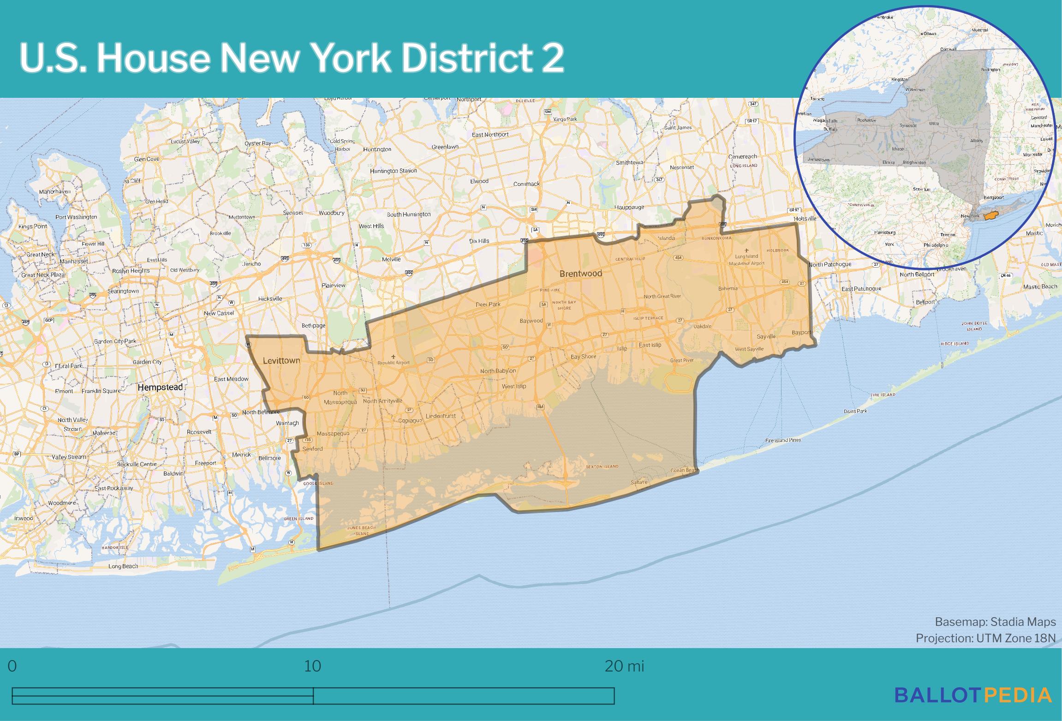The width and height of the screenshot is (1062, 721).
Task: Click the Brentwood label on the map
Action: (580, 274)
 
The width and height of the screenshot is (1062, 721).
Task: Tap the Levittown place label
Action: (281, 361)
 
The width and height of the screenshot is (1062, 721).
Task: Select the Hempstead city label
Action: (160, 387)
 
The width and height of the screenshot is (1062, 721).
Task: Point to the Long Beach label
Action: (123, 566)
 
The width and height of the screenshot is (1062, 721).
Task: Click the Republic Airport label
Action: (394, 363)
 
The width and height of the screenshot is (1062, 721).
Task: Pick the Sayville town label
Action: (766, 336)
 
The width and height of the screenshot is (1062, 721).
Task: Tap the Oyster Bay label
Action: (258, 143)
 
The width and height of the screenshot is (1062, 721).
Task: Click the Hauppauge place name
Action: (629, 208)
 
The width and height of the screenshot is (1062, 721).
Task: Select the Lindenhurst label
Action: (441, 416)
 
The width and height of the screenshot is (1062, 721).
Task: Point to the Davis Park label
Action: (855, 411)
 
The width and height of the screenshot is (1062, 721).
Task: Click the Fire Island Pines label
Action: (783, 440)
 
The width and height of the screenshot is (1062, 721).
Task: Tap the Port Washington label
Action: (76, 217)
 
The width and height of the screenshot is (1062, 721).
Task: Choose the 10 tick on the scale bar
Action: (313, 666)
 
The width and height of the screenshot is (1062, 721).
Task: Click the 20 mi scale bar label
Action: (624, 666)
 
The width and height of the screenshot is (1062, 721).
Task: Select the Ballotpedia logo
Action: (973, 695)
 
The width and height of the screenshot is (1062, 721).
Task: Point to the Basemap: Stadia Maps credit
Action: (995, 622)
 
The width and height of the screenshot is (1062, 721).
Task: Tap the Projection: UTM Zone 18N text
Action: (985, 638)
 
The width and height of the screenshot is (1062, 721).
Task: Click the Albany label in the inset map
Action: (977, 141)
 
